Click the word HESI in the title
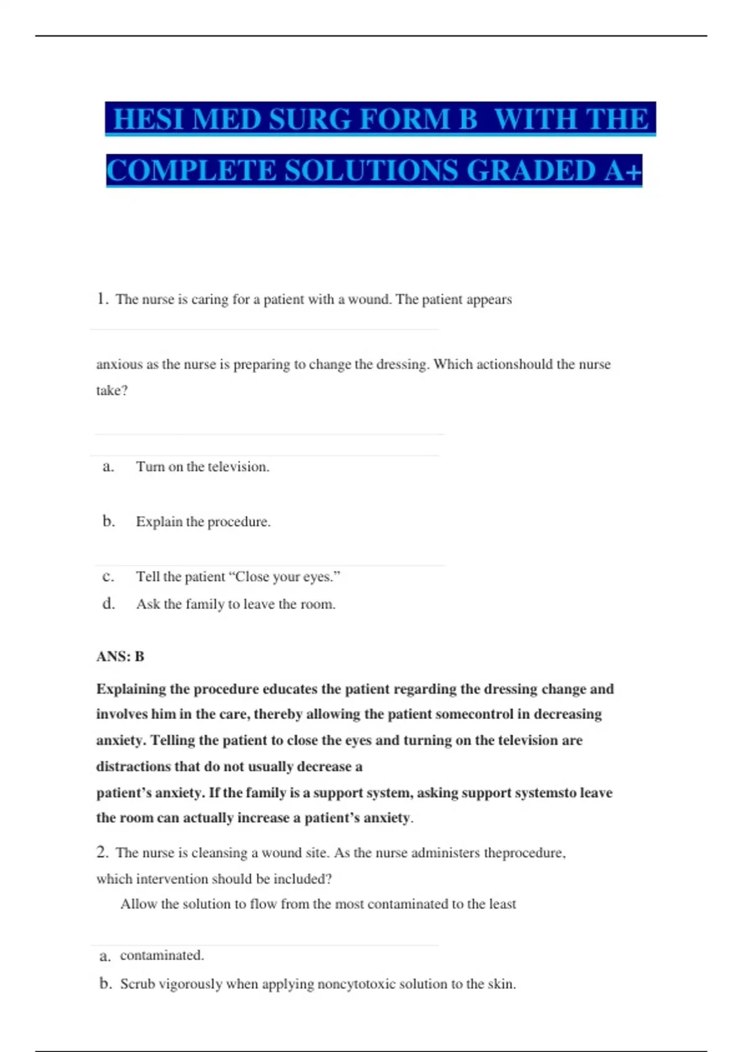point(149,119)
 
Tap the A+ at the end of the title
point(624,171)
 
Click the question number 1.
point(102,300)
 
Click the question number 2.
point(102,853)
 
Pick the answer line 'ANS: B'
point(120,657)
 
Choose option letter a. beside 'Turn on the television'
point(108,467)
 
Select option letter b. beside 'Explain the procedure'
point(109,522)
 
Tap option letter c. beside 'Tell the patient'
point(108,577)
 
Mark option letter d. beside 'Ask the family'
point(109,604)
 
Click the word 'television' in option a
point(238,467)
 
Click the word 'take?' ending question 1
point(112,390)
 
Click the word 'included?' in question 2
point(302,879)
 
